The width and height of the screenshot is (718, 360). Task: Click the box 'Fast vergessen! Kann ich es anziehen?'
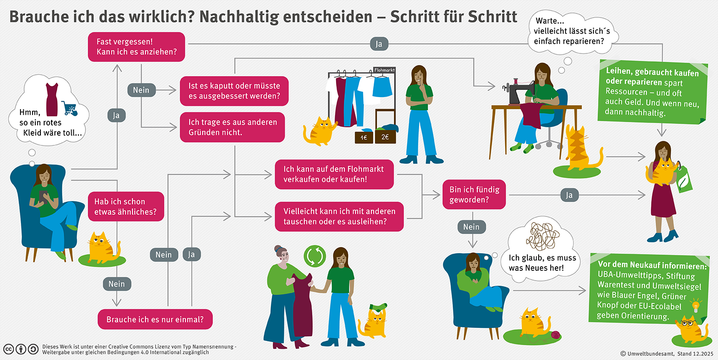[137, 47]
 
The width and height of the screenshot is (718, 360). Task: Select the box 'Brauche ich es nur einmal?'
[155, 319]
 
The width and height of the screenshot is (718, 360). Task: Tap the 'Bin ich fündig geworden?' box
[474, 195]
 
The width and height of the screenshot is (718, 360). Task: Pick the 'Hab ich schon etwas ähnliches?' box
[126, 207]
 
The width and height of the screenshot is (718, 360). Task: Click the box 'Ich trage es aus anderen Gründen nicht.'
[232, 127]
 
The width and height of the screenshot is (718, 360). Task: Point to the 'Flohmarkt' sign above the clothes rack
[384, 70]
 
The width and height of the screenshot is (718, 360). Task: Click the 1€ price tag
[364, 137]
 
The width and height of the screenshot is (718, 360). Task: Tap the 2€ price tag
[385, 137]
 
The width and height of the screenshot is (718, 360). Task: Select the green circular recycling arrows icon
[315, 256]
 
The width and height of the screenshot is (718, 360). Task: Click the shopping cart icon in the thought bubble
[69, 108]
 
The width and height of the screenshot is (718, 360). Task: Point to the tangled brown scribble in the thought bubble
[543, 237]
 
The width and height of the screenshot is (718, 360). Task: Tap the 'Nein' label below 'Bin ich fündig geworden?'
[472, 227]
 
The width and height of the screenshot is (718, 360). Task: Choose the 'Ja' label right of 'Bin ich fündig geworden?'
[569, 195]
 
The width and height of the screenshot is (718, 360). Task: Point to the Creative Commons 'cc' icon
[9, 349]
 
